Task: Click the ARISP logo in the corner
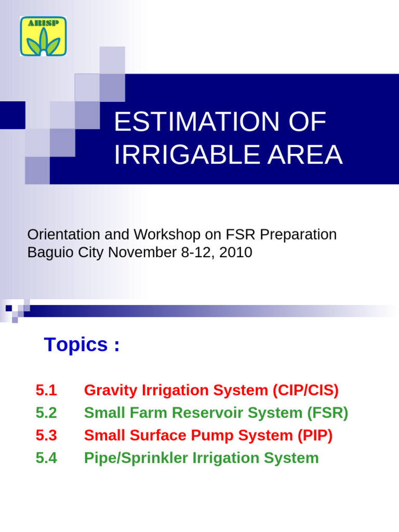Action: pyautogui.click(x=43, y=36)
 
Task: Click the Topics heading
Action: pyautogui.click(x=82, y=344)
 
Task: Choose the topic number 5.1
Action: pyautogui.click(x=46, y=390)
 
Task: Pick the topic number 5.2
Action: pyautogui.click(x=46, y=413)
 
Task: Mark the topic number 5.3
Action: pyautogui.click(x=46, y=435)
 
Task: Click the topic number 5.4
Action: pyautogui.click(x=46, y=458)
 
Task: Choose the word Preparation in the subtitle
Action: pyautogui.click(x=298, y=235)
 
